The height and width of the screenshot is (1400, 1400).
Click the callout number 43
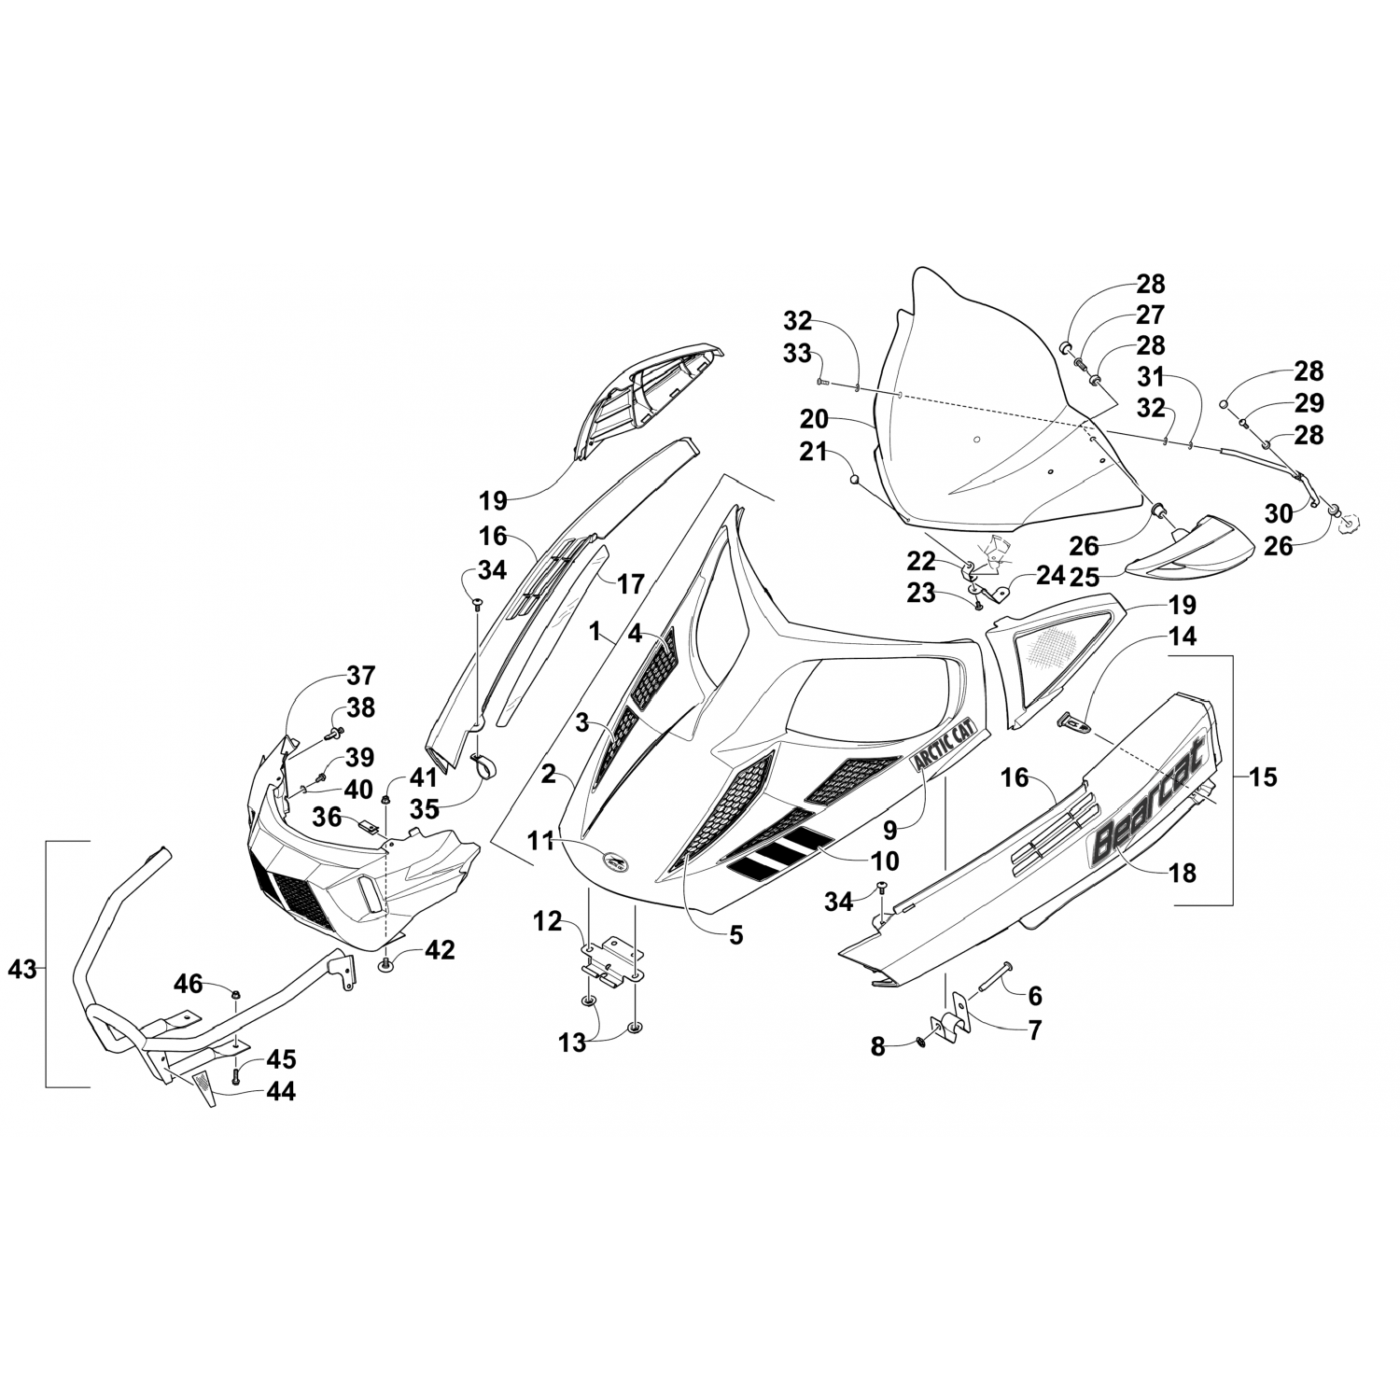click(x=21, y=970)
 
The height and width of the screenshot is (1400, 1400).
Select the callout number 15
click(x=1262, y=777)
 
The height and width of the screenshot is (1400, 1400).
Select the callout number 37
click(x=360, y=675)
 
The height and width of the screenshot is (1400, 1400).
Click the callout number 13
click(x=572, y=1043)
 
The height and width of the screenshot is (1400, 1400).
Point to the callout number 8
click(x=877, y=1047)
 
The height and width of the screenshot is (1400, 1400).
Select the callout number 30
click(x=1279, y=512)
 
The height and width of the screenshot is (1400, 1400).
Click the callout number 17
click(x=631, y=584)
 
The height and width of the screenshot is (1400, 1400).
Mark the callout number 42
click(x=440, y=950)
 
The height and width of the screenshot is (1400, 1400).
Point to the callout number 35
click(x=425, y=808)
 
